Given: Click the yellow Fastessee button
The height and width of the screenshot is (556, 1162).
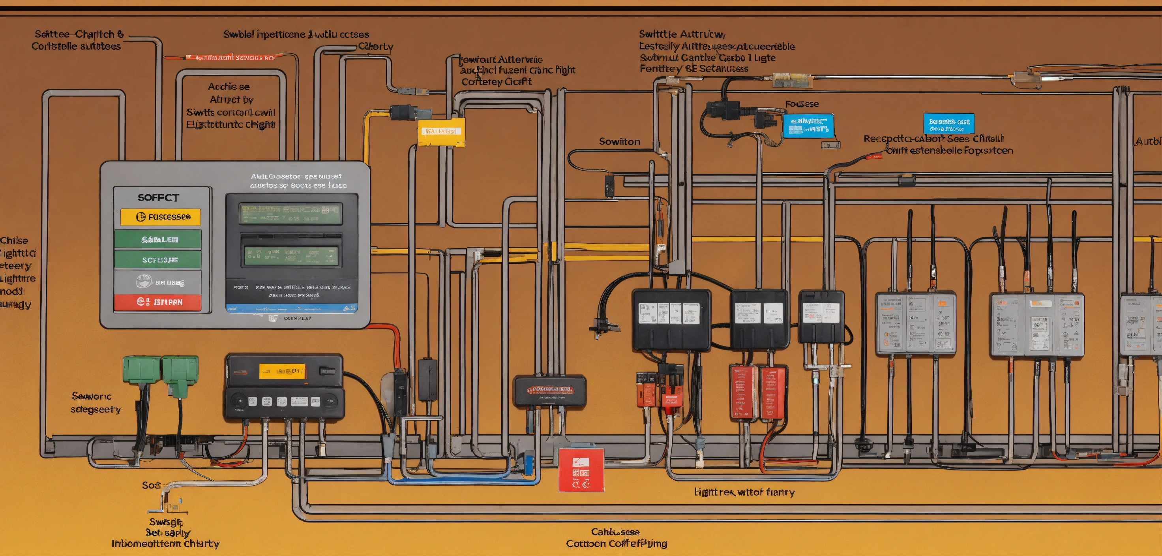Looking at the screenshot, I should [x=160, y=217].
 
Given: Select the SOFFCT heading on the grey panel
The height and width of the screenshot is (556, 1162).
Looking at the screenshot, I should [x=158, y=198].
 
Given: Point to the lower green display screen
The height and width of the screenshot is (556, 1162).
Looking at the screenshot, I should [x=291, y=256].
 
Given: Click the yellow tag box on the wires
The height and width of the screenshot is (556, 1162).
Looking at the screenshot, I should [x=441, y=132].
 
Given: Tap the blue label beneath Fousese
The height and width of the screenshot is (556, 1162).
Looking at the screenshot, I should [x=808, y=126].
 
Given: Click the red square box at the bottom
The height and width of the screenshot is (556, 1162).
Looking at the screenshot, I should [x=581, y=470].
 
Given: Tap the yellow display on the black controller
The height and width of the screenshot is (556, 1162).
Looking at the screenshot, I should [x=282, y=372].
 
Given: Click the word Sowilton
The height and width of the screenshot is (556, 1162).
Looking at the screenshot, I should [x=619, y=142].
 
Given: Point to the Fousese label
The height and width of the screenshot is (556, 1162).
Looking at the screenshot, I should [x=802, y=104].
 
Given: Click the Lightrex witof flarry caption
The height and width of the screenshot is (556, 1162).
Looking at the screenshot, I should [x=744, y=492].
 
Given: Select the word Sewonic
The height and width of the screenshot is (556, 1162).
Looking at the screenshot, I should [x=91, y=396].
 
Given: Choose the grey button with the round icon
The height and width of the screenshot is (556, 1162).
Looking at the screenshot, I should [x=157, y=282].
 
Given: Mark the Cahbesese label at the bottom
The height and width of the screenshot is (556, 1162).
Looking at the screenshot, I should [x=615, y=532].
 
